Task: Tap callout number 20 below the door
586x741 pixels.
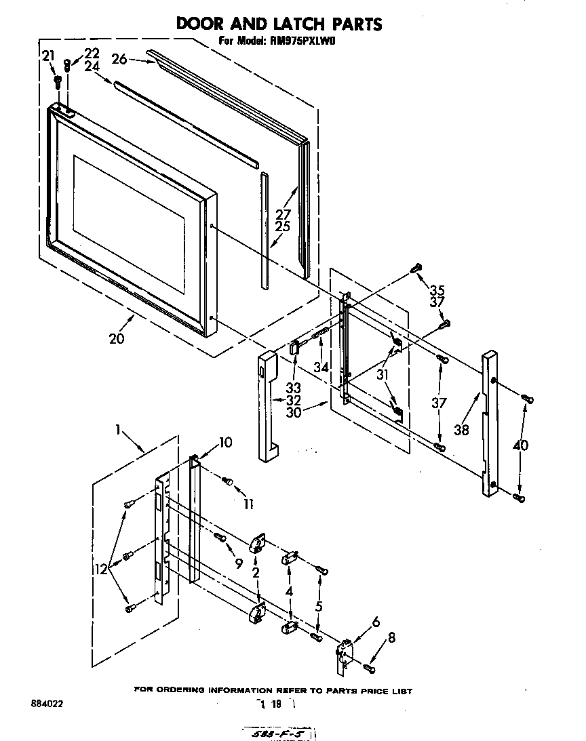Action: click(x=117, y=338)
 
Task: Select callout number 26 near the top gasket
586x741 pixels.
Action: click(x=119, y=59)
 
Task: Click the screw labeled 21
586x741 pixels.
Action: click(x=58, y=82)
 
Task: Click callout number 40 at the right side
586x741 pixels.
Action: click(x=521, y=447)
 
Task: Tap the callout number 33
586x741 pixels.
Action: click(x=293, y=388)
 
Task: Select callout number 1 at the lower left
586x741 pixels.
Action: click(x=118, y=429)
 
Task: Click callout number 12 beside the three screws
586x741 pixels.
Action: click(x=101, y=570)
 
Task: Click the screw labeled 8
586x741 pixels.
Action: click(x=370, y=669)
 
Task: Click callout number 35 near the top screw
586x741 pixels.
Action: click(x=438, y=287)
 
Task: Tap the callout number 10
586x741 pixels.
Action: click(x=224, y=443)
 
